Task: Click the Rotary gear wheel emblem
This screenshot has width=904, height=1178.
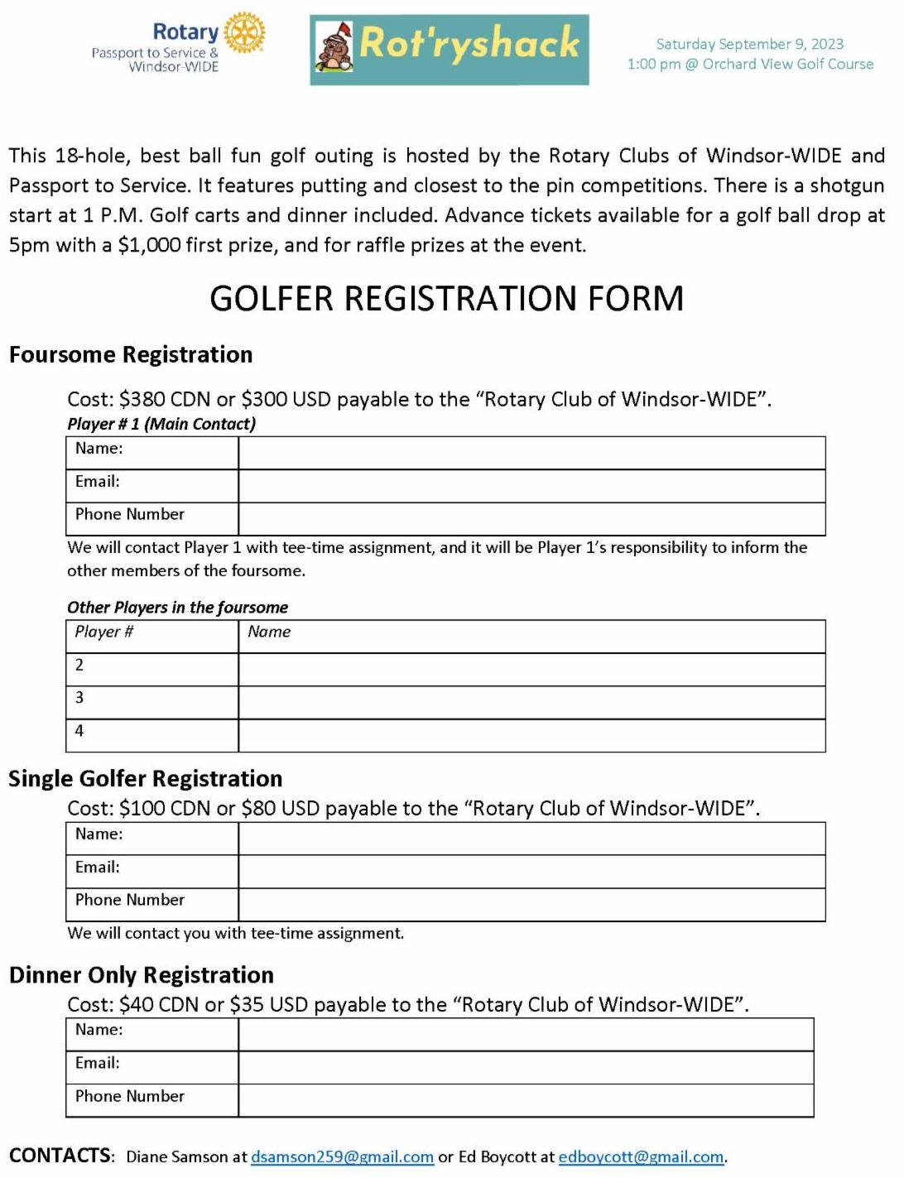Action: point(244,34)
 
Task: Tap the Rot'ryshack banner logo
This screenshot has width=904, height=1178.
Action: point(450,50)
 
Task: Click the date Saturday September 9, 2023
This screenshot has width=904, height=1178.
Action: point(749,44)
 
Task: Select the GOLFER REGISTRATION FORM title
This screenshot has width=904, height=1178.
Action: point(446,299)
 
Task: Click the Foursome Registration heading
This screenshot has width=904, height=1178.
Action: point(131,355)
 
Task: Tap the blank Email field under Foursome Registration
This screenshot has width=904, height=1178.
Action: point(531,487)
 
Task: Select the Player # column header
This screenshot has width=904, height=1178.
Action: point(104,632)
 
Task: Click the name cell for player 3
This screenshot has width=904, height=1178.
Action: point(531,703)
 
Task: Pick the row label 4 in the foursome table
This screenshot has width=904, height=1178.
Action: point(79,731)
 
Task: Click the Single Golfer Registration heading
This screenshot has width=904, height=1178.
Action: point(146,779)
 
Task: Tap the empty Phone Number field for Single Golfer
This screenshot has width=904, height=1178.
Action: point(531,905)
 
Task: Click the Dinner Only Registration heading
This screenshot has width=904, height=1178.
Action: point(142,975)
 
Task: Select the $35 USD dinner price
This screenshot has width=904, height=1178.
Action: point(268,1005)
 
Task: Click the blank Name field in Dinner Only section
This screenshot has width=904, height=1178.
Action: point(526,1035)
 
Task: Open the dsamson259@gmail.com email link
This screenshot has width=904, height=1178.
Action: point(342,1157)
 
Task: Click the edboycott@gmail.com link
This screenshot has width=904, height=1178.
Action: point(641,1157)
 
